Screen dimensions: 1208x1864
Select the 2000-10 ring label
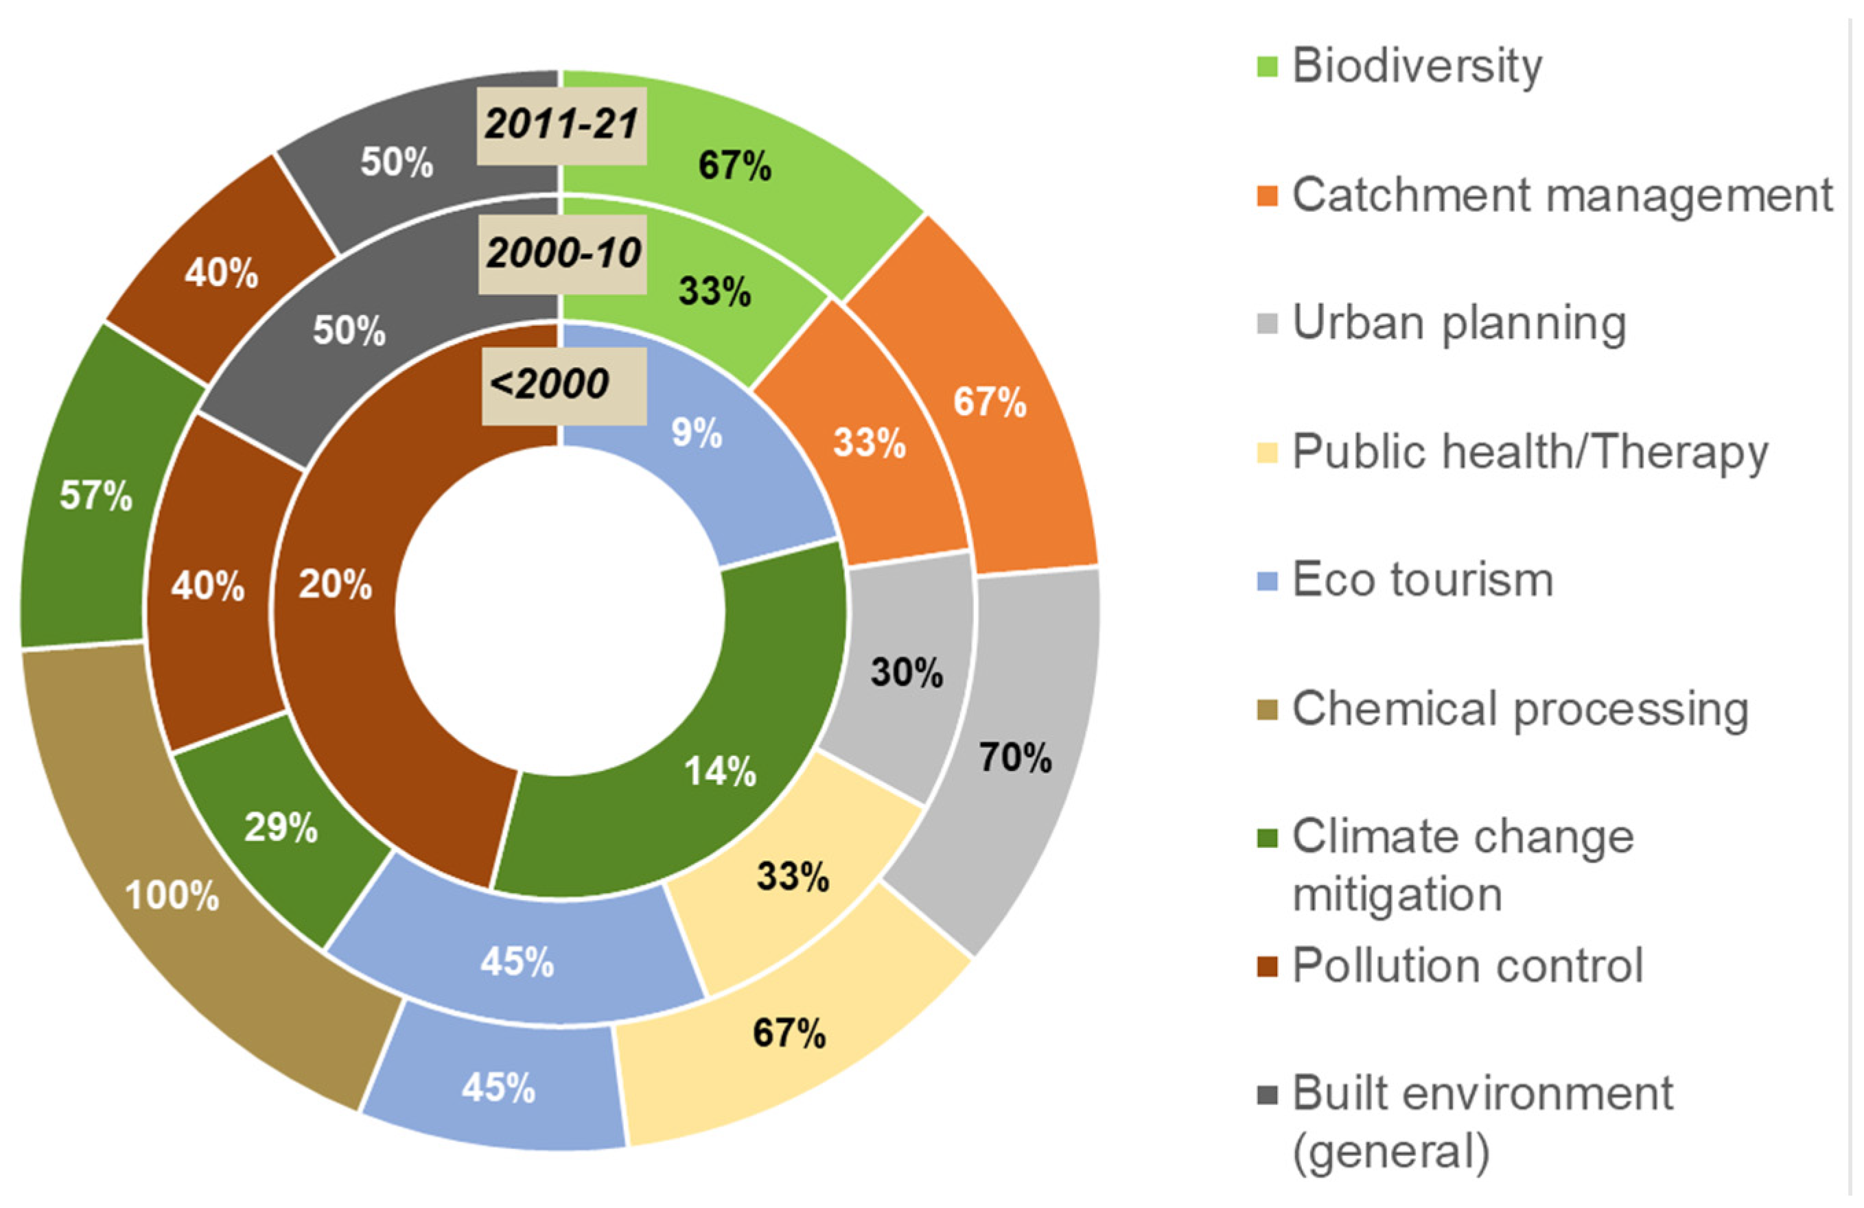click(x=563, y=254)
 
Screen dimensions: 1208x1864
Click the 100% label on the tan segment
click(x=172, y=895)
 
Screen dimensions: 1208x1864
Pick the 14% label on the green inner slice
click(x=720, y=771)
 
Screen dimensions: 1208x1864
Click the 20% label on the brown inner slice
click(x=334, y=584)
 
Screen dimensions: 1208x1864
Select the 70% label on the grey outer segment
click(x=1014, y=757)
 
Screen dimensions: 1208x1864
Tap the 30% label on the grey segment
click(x=906, y=672)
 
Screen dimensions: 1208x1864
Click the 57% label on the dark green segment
click(x=95, y=495)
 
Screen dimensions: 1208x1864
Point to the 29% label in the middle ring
click(x=281, y=827)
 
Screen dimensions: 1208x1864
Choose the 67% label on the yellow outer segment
click(x=789, y=1032)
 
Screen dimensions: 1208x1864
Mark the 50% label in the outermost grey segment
click(x=396, y=162)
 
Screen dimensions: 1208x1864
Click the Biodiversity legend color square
click(x=1266, y=67)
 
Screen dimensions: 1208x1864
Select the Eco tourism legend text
click(x=1422, y=580)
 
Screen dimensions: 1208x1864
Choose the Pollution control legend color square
click(x=1266, y=966)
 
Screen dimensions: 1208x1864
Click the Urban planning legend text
click(x=1458, y=322)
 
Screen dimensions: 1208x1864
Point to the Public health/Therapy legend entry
click(x=1529, y=452)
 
